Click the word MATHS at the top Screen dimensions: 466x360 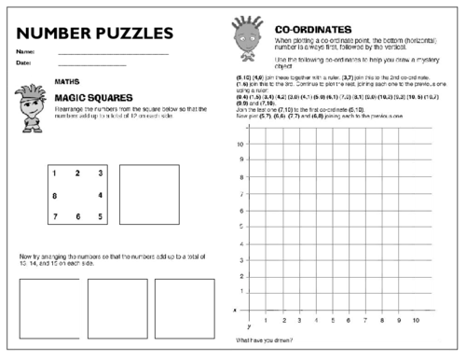point(65,80)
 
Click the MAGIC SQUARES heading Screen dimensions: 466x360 point(92,97)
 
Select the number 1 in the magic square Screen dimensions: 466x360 point(54,173)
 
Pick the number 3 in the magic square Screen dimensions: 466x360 point(99,173)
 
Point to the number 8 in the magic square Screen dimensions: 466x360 point(54,195)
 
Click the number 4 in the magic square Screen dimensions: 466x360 point(99,195)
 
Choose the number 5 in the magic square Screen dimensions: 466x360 point(99,216)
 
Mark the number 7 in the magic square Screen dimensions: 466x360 point(54,216)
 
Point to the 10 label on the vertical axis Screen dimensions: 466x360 point(240,145)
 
